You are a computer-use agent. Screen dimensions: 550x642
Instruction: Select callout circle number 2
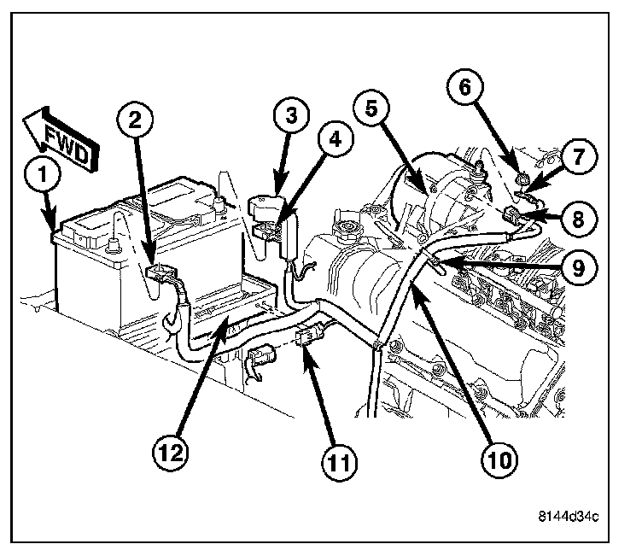(x=134, y=120)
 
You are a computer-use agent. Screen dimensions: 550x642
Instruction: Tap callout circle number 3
(x=291, y=116)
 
